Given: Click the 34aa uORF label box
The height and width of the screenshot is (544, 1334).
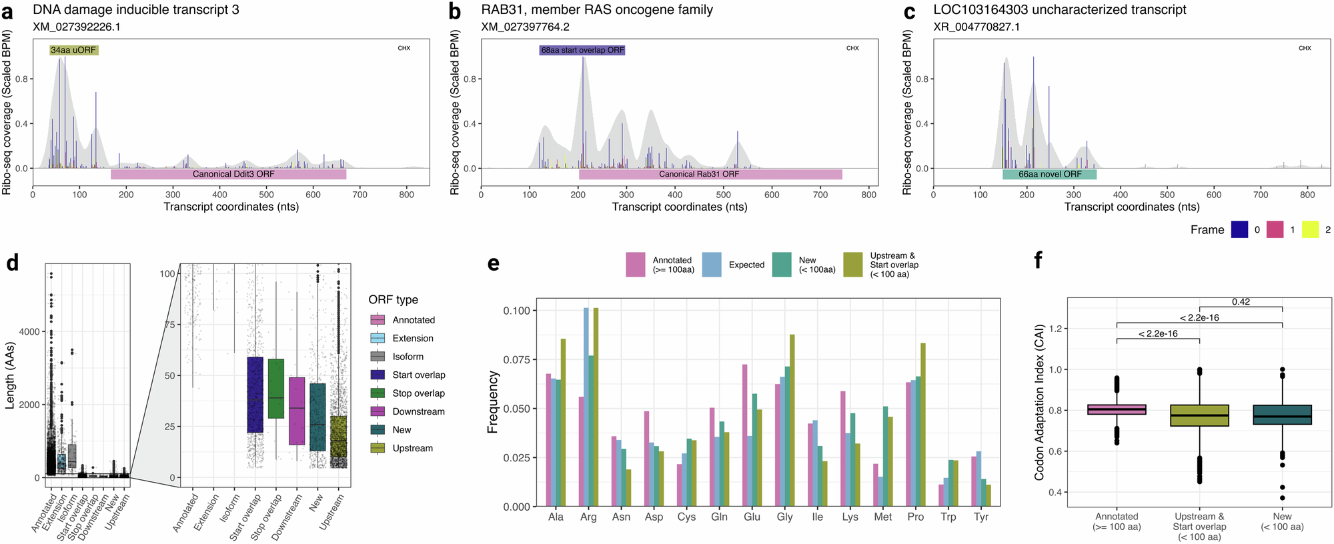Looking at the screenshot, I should pyautogui.click(x=74, y=50).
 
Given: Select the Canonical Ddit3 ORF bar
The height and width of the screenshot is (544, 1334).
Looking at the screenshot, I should pyautogui.click(x=229, y=174).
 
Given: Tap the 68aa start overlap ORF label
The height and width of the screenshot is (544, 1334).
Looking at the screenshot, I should pyautogui.click(x=582, y=50).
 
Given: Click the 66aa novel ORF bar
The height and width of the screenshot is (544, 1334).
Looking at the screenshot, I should pyautogui.click(x=1049, y=174).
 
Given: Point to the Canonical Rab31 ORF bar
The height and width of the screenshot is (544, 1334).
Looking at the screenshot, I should pyautogui.click(x=710, y=174).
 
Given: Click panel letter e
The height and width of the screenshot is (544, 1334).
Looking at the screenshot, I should pyautogui.click(x=494, y=263).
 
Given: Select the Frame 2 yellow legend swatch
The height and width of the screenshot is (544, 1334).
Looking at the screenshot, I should pyautogui.click(x=1310, y=229).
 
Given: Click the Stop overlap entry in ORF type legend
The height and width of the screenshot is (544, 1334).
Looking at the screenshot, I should pyautogui.click(x=418, y=393).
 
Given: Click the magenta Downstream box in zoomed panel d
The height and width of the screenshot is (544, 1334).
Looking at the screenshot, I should pyautogui.click(x=297, y=411).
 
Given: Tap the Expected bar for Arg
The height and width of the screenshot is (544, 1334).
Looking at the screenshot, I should pyautogui.click(x=586, y=407).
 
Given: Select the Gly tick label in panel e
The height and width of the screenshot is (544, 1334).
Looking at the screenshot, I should pyautogui.click(x=784, y=517).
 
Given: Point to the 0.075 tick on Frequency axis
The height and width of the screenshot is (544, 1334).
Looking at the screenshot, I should pyautogui.click(x=516, y=360).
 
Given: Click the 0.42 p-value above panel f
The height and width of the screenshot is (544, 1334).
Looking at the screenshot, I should pyautogui.click(x=1241, y=302).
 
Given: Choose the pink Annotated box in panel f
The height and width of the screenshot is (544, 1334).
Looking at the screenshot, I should pyautogui.click(x=1117, y=409).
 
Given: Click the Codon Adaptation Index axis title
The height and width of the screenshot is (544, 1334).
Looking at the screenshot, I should pyautogui.click(x=1039, y=402).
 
